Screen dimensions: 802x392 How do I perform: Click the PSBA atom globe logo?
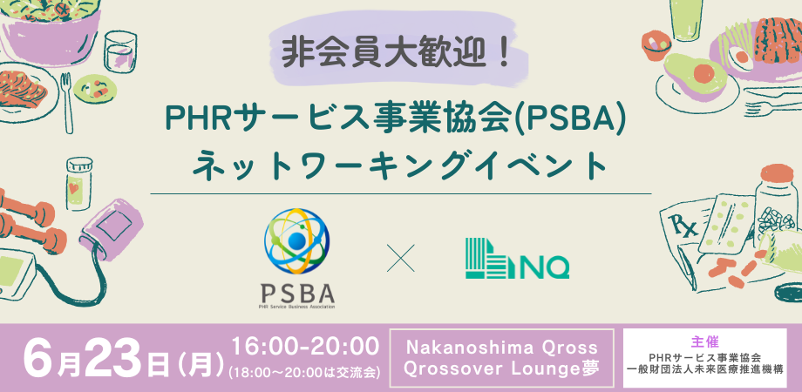coord(296,240)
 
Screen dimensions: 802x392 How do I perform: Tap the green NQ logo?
coord(517,259)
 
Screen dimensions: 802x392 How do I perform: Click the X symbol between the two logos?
coord(400,258)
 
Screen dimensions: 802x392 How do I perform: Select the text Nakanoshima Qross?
coord(502,348)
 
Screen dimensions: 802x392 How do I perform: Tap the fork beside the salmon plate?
coord(66,103)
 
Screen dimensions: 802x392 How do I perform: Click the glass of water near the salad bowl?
coord(120,52)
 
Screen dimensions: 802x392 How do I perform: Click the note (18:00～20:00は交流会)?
coord(305,372)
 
